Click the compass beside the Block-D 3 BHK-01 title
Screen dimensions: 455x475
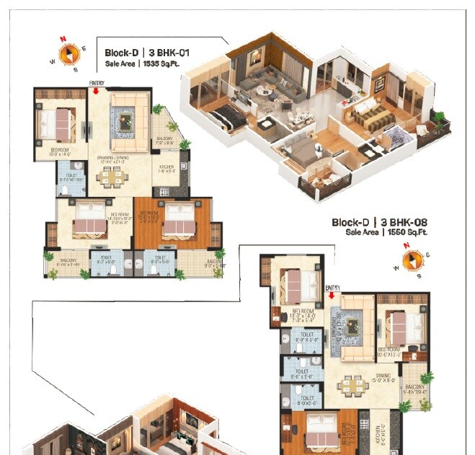coord(68,53)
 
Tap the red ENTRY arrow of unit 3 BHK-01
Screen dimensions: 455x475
coord(96,92)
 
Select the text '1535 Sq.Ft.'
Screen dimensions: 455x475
coord(161,64)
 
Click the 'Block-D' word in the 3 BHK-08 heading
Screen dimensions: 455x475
coord(350,223)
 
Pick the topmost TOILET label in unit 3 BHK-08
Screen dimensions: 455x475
coord(306,335)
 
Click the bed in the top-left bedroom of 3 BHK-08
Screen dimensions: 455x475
coord(296,283)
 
